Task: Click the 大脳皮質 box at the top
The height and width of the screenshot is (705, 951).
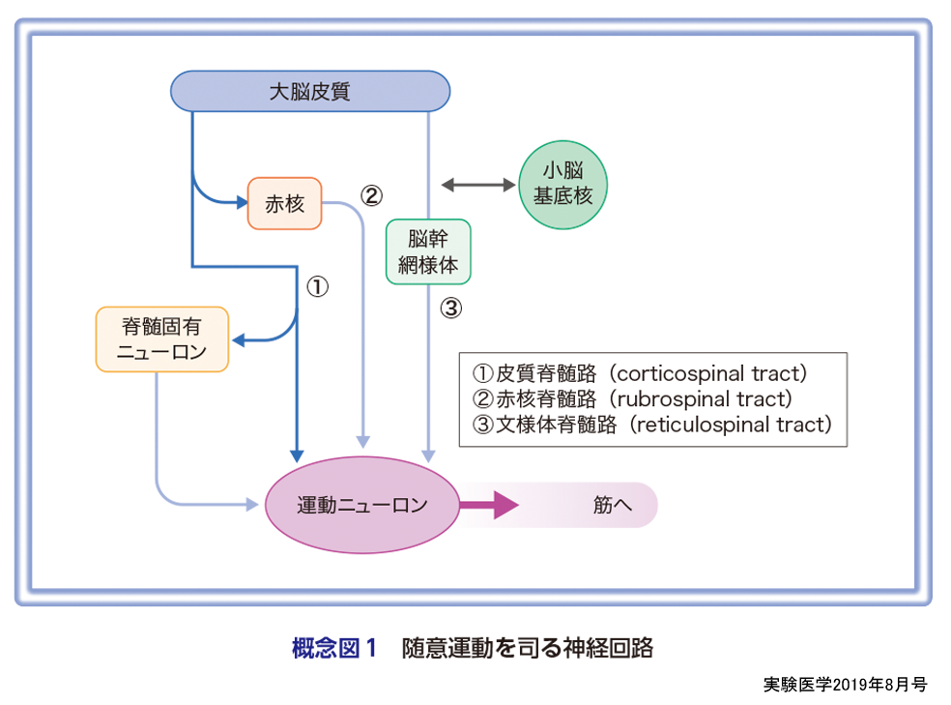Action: click(x=310, y=92)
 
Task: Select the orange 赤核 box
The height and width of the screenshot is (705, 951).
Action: click(x=284, y=203)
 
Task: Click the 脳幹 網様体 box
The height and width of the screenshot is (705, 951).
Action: click(x=428, y=251)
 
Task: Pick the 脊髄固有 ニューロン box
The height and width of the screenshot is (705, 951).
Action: click(x=162, y=339)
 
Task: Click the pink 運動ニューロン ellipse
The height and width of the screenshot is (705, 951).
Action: click(x=361, y=505)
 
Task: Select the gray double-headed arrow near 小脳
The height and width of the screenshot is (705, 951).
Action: click(x=477, y=183)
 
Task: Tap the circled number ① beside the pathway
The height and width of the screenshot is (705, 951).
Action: click(x=318, y=286)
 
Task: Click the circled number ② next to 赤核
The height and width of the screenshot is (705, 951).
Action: click(x=372, y=195)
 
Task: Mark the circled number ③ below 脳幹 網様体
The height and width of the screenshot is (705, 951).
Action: click(x=451, y=309)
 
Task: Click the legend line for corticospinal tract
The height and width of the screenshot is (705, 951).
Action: click(x=639, y=373)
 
